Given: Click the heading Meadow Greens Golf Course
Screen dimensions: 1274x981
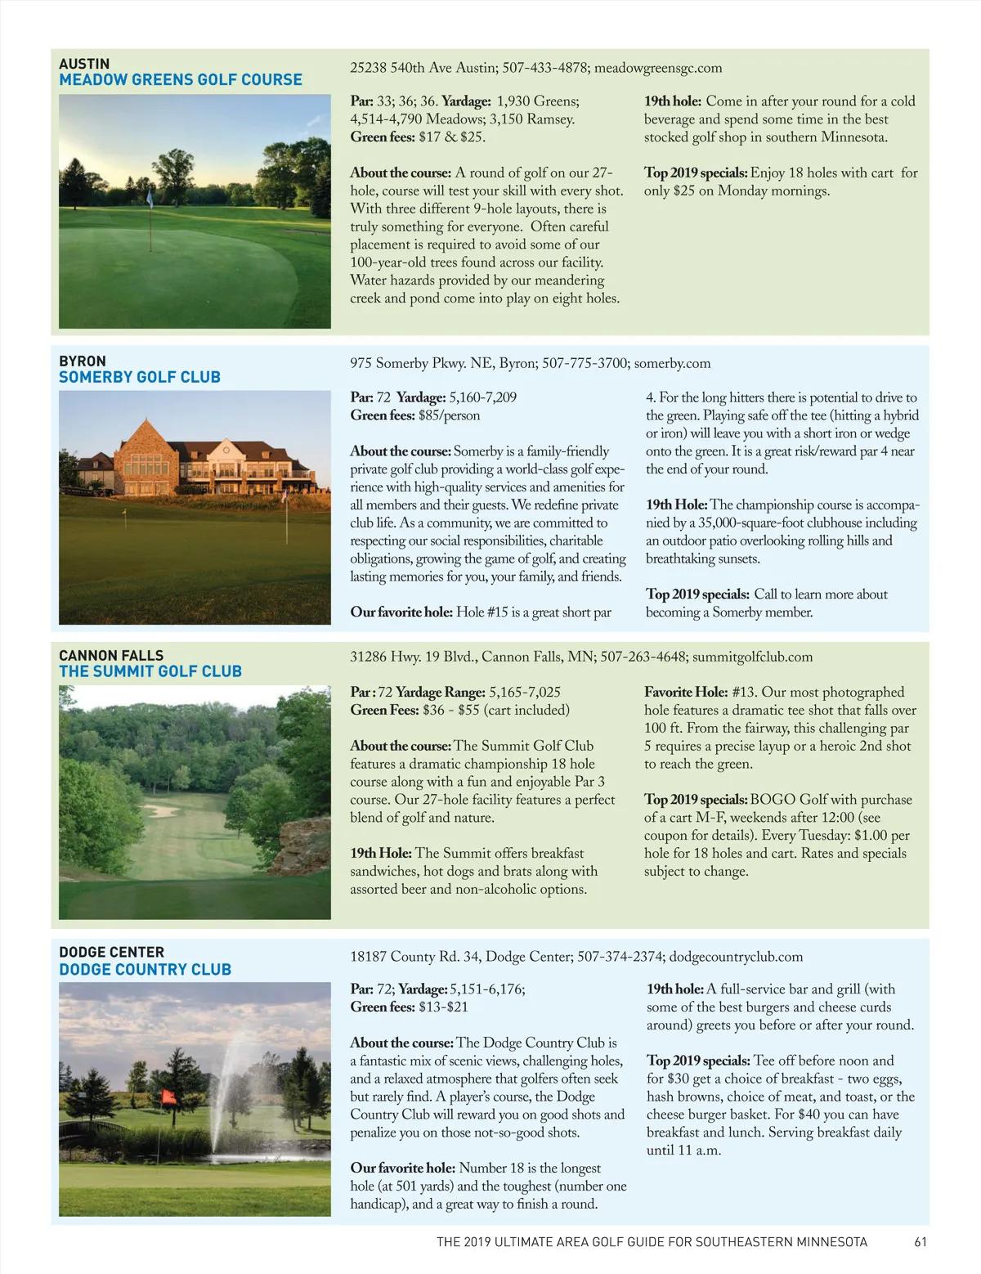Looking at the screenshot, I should [x=180, y=80].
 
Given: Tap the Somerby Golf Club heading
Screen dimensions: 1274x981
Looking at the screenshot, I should [x=140, y=377].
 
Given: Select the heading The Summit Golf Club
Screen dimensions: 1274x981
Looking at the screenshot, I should [x=150, y=671].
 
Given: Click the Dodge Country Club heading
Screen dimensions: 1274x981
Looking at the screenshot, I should [x=145, y=969].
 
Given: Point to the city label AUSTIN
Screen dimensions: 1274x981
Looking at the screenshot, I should [x=84, y=64].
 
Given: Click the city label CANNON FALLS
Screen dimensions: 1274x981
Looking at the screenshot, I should [x=111, y=655].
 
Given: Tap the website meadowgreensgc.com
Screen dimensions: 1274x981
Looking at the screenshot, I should [x=658, y=68].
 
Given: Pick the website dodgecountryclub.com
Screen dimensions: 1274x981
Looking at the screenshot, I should [x=736, y=957].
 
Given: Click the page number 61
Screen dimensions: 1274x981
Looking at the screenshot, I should [x=921, y=1241].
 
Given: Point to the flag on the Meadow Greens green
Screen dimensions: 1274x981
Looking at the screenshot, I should [x=150, y=199].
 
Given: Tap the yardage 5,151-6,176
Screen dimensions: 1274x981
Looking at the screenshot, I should [x=486, y=989].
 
